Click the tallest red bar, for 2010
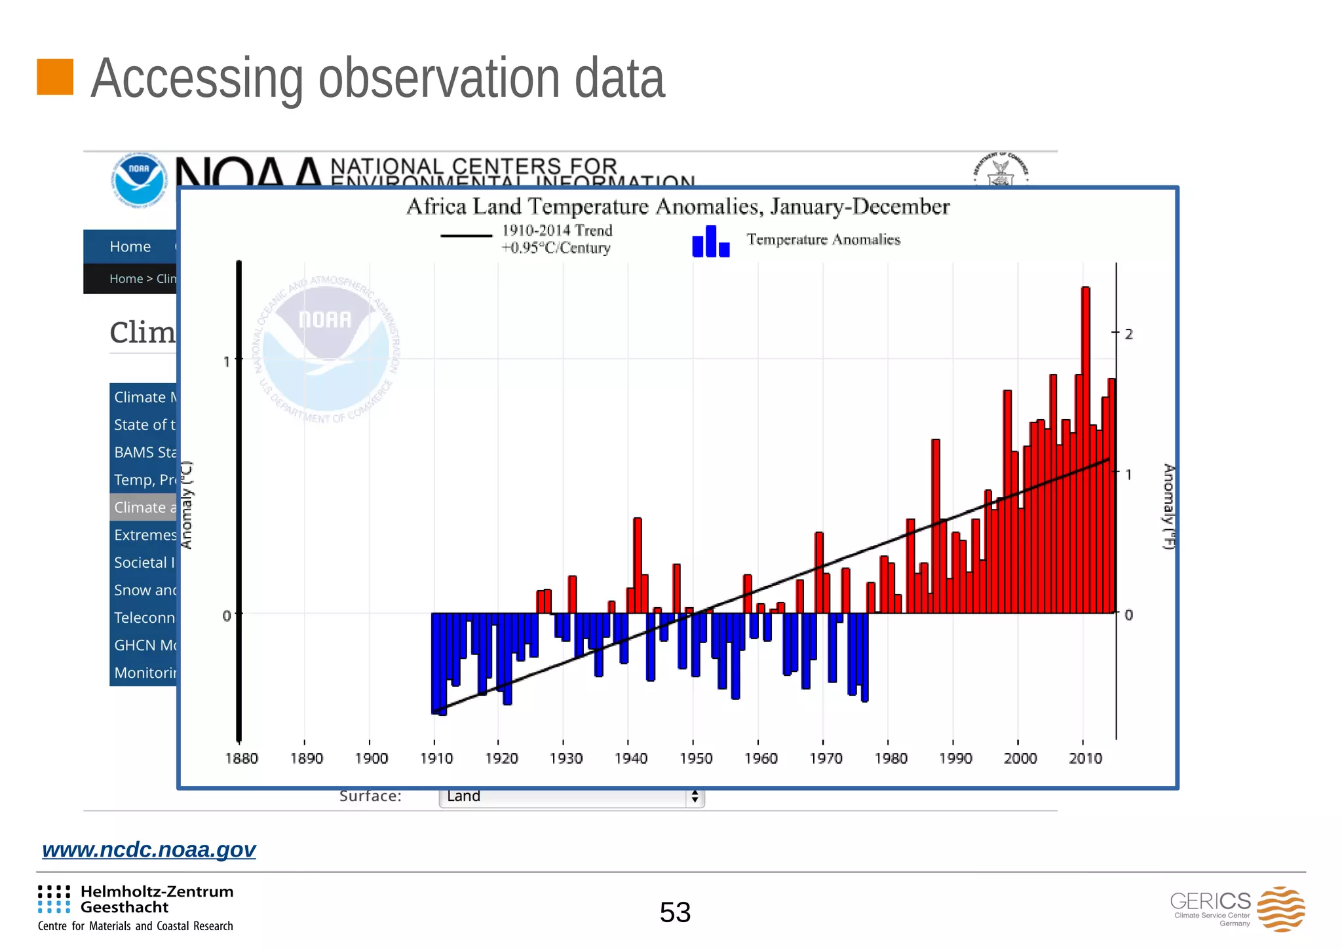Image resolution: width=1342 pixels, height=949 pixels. [x=1085, y=452]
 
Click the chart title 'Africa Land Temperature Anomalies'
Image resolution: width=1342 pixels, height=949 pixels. [x=678, y=207]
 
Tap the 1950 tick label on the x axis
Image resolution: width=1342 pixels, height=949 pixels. [x=695, y=758]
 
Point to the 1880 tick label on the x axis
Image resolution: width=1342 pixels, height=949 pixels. [x=241, y=758]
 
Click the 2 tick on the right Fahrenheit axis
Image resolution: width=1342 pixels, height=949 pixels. [x=1128, y=334]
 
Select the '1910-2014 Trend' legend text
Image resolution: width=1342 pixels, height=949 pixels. [x=557, y=231]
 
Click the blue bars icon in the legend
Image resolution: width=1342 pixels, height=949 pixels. [x=710, y=241]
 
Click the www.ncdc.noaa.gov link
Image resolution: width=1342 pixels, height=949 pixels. [x=149, y=849]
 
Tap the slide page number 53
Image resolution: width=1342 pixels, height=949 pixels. [x=675, y=912]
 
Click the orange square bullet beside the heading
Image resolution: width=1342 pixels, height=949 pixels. [x=55, y=77]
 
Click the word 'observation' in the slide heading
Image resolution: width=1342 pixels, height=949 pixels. [x=438, y=79]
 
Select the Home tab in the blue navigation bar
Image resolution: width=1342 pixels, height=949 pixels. [x=130, y=247]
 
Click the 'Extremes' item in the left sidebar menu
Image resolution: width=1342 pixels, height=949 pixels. [x=144, y=535]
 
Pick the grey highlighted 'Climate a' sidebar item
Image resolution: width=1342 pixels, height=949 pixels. [x=144, y=508]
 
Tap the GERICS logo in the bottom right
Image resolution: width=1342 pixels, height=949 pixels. [x=1237, y=908]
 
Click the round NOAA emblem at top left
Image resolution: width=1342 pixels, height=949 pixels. [x=138, y=179]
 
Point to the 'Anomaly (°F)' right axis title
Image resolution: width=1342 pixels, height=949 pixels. [x=1168, y=506]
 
